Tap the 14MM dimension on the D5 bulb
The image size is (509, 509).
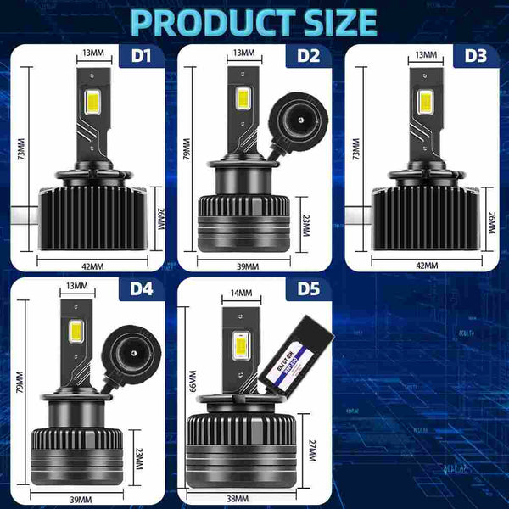tap(240, 293)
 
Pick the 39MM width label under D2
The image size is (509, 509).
tap(247, 266)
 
